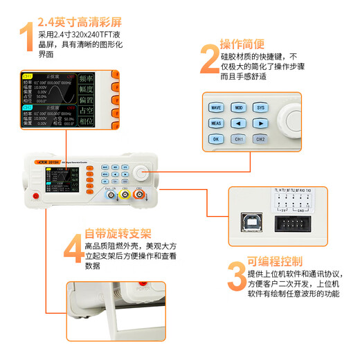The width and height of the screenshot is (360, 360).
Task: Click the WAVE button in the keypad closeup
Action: pos(216,109)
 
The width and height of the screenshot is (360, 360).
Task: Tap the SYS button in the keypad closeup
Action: pos(260,109)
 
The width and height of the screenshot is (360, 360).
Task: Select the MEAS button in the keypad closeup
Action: pos(216,124)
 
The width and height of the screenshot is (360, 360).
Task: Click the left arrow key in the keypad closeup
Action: pos(238,124)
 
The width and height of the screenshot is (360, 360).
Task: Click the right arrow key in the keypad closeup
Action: pos(260,124)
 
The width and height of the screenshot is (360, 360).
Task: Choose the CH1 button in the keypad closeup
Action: pos(238,139)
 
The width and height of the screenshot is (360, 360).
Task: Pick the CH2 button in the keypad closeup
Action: pos(260,139)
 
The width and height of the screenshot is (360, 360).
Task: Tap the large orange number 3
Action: pos(235,276)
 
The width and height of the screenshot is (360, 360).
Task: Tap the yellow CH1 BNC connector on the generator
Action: pos(125,195)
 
